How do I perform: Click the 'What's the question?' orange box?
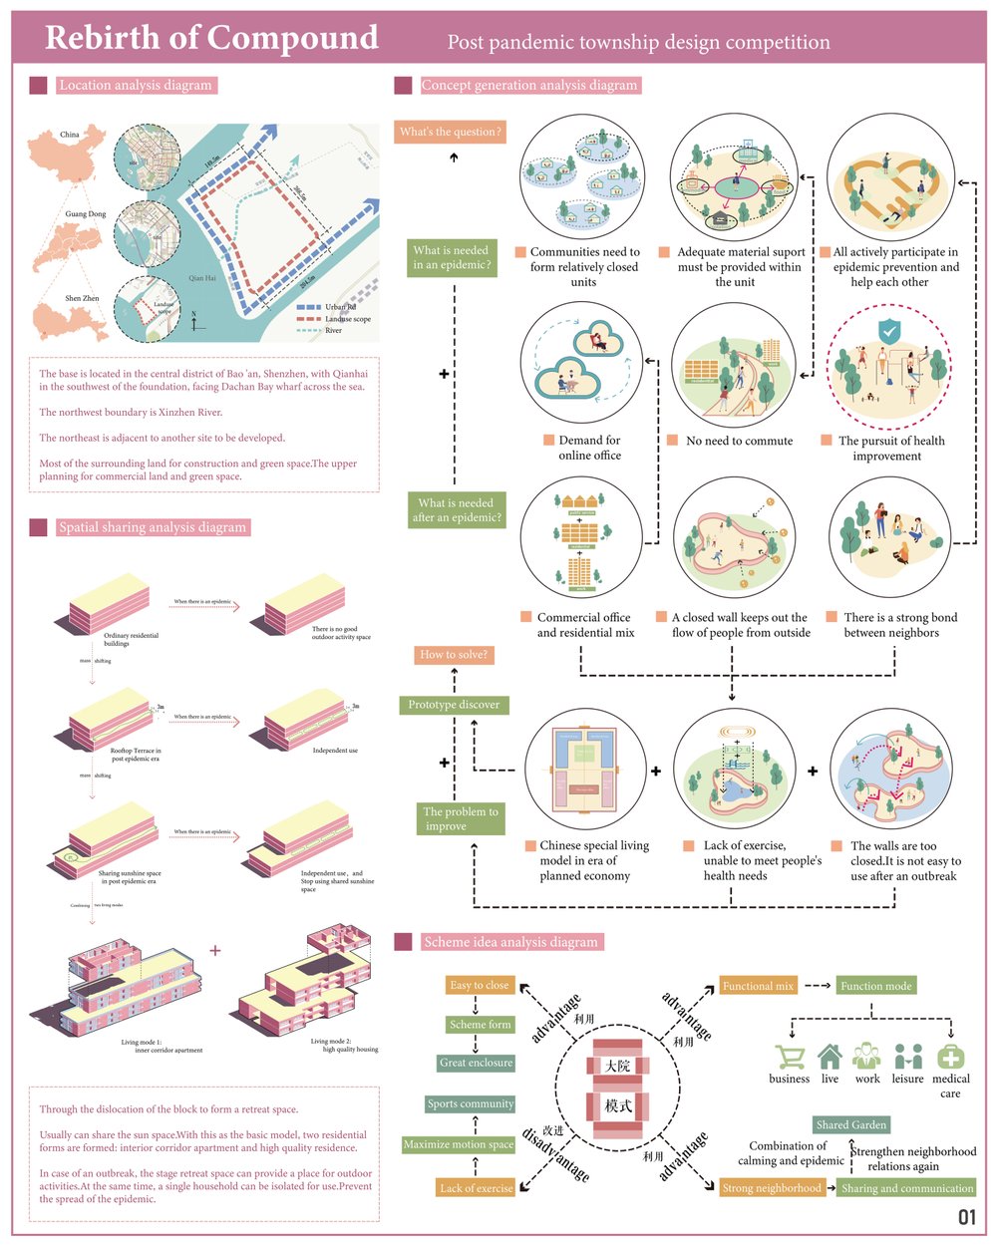[x=450, y=132]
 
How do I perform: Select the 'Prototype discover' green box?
[x=454, y=705]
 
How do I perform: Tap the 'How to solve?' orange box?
[x=454, y=655]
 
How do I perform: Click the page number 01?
[x=967, y=1217]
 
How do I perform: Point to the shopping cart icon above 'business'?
[x=791, y=1058]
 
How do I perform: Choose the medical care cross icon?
[x=951, y=1057]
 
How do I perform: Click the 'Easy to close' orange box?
[x=480, y=986]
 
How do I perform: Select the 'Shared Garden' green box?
[x=850, y=1125]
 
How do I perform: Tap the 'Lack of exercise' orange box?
[x=477, y=1188]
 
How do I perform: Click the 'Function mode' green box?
[x=875, y=986]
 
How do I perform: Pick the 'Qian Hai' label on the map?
[x=202, y=279]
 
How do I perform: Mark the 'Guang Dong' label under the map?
[x=86, y=214]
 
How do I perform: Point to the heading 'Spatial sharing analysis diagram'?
[x=152, y=527]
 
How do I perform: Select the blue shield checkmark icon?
[x=888, y=331]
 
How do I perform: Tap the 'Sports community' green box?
[x=471, y=1104]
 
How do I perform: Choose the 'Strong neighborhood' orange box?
[x=772, y=1188]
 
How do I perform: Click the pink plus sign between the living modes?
[x=215, y=950]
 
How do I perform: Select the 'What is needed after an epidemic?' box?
[x=457, y=510]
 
